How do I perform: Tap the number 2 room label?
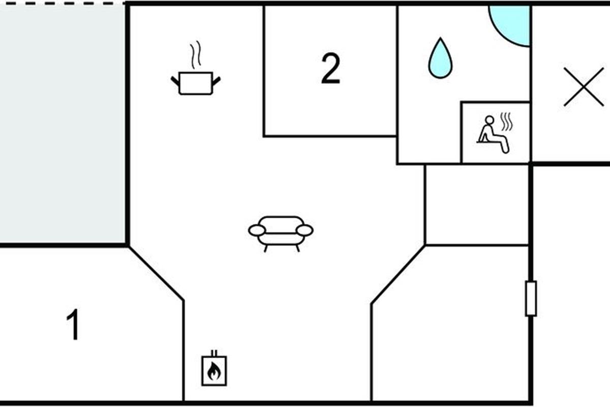(330, 70)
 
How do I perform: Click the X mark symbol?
(584, 86)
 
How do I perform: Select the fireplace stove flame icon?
(214, 369)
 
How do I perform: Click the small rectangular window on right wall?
(531, 298)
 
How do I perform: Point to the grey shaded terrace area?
(62, 122)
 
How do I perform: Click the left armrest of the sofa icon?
(257, 230)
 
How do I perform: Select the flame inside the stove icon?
(214, 372)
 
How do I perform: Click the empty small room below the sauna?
(476, 205)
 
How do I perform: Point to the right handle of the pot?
(216, 80)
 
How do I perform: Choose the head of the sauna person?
(489, 120)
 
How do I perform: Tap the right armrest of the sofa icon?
(304, 230)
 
